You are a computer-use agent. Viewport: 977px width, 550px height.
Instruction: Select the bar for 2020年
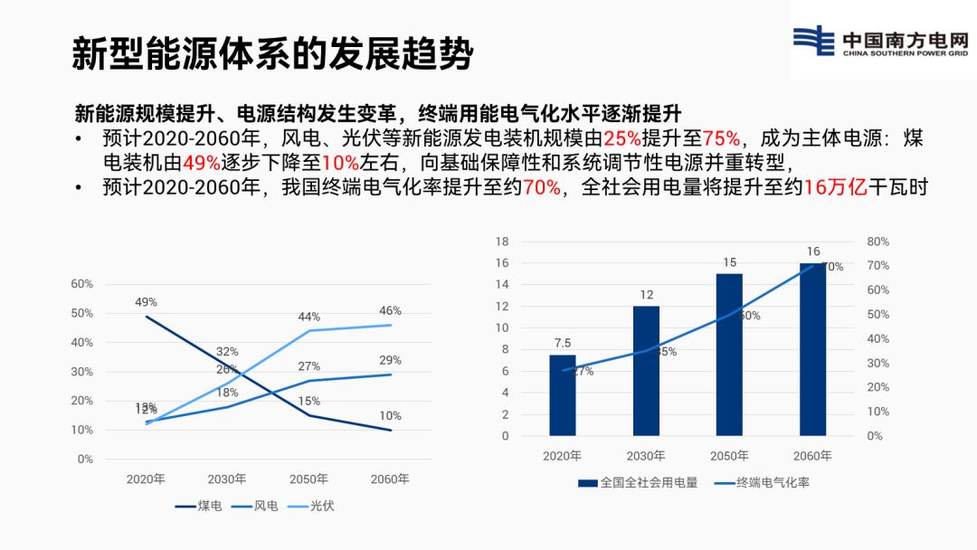coord(563,395)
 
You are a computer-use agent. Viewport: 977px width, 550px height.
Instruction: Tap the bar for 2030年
coord(646,371)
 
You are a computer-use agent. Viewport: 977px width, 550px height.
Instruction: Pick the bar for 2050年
coord(729,355)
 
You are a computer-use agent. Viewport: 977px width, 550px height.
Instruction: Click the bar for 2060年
coord(812,349)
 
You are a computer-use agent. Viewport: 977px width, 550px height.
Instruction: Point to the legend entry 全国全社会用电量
coord(639,483)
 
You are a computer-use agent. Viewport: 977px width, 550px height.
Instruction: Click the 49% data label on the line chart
coord(146,302)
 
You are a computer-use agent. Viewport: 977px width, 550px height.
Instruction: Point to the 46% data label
coord(390,311)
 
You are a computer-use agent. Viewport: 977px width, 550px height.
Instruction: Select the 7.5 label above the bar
coord(563,343)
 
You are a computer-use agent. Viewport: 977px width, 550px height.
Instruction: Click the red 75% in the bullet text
coord(723,138)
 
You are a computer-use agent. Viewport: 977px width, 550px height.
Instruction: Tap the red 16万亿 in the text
coord(836,187)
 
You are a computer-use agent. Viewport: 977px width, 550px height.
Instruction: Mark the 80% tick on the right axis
coord(877,242)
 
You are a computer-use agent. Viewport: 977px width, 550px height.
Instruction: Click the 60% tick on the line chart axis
coord(82,284)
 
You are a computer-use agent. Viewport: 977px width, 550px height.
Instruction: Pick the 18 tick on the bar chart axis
coord(502,242)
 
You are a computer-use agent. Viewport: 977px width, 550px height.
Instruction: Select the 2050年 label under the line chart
coord(308,479)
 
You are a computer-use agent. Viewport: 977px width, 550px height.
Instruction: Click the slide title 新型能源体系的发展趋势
coord(272,54)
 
